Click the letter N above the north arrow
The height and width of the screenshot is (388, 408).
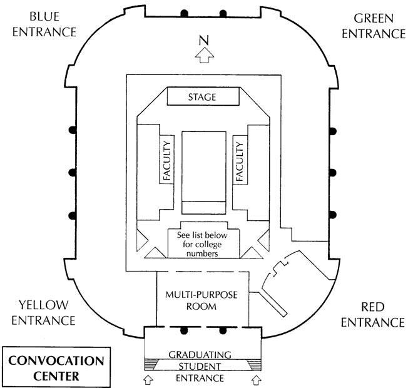[203, 41]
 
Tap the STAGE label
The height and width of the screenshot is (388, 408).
[203, 97]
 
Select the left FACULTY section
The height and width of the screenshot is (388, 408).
[167, 161]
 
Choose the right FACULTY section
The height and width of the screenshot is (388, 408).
[238, 161]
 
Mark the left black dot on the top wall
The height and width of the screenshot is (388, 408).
[184, 13]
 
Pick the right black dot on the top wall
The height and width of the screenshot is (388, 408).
[223, 13]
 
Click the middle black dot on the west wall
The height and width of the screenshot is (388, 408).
[73, 172]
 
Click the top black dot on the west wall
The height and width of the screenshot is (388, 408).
[73, 130]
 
